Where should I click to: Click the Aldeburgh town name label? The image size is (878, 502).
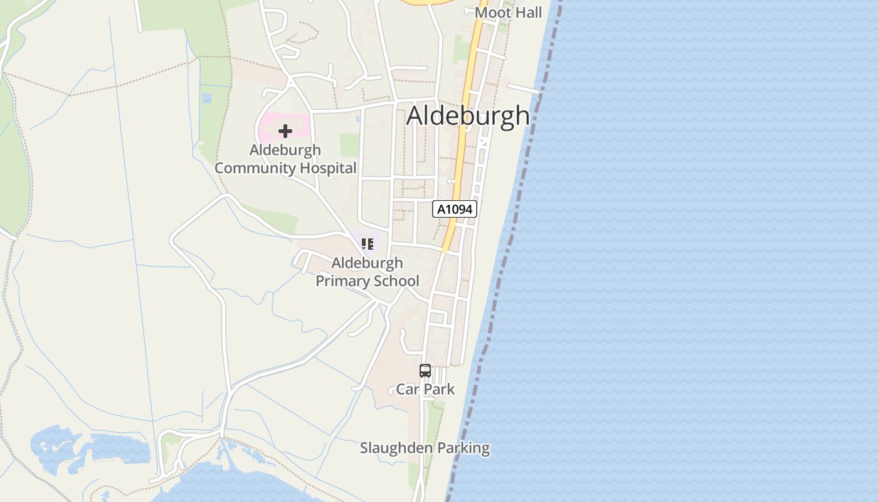pos(468,116)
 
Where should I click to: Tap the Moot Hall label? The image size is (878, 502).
pos(508,13)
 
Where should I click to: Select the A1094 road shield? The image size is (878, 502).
pos(455,209)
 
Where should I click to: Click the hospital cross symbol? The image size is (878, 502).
pos(285,131)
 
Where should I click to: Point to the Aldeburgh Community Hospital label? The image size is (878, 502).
pos(285,159)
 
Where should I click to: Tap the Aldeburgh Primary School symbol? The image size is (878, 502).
pos(368,243)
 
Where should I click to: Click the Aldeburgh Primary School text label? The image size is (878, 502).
pos(368,272)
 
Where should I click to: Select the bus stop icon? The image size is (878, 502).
pos(425,371)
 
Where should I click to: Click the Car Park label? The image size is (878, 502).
pos(425,389)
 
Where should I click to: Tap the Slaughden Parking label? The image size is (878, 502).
pos(425,448)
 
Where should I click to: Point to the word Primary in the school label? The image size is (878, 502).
pos(339,280)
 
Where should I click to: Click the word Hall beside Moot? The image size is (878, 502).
pos(526,13)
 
